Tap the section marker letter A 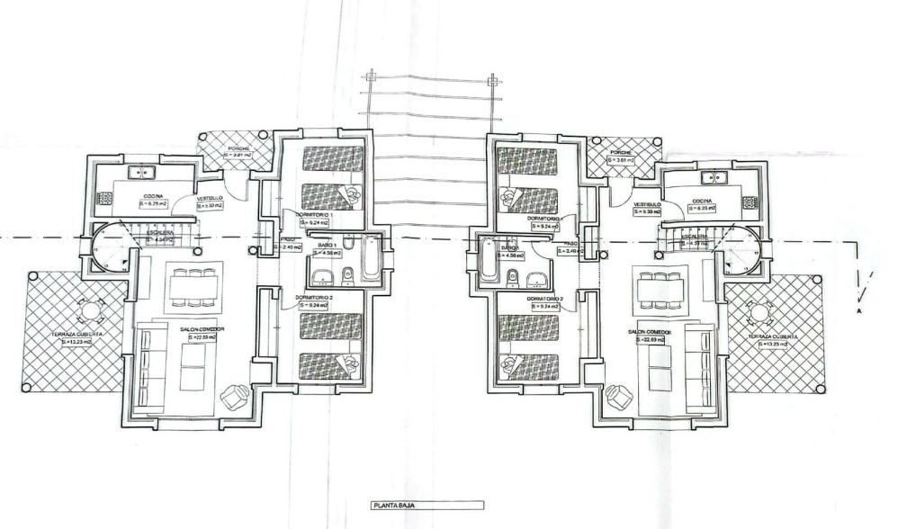click(x=860, y=311)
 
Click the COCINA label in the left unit click(x=151, y=195)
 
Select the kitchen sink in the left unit click(x=141, y=171)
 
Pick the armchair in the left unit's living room click(x=238, y=393)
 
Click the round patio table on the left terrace click(x=90, y=312)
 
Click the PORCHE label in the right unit click(x=621, y=153)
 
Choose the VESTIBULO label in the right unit click(x=647, y=204)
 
